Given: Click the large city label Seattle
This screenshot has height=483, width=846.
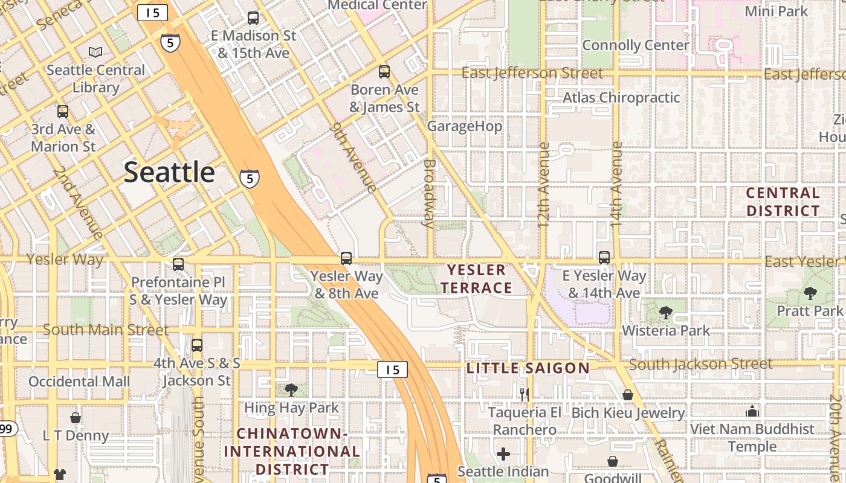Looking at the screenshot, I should click(169, 173).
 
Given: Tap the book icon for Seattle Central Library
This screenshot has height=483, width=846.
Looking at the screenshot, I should click(95, 53).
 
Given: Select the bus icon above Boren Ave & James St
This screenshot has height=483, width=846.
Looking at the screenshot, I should click(384, 72).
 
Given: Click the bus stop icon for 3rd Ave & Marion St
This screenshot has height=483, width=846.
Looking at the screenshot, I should click(63, 112).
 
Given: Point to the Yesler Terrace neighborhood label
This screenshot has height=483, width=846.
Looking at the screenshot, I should click(477, 279).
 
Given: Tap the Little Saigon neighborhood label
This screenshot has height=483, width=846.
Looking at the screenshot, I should click(528, 368).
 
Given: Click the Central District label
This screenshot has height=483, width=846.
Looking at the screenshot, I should click(783, 202).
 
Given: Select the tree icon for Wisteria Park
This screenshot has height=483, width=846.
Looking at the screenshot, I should click(666, 313).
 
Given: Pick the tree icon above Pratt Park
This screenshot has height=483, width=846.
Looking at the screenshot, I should click(810, 293).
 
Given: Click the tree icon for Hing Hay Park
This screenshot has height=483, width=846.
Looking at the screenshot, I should click(291, 390).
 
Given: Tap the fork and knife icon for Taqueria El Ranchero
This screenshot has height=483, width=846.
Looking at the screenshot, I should click(525, 395).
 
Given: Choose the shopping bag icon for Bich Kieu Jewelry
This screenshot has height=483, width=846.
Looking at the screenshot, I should click(628, 395).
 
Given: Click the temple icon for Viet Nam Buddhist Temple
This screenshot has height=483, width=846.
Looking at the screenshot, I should click(752, 411).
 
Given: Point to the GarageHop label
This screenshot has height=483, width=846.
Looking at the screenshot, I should click(464, 126).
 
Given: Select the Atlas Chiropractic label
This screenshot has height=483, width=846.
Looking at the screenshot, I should click(621, 97).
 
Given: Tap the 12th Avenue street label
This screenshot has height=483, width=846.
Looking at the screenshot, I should click(543, 184).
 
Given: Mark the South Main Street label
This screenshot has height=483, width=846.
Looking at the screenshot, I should click(106, 330).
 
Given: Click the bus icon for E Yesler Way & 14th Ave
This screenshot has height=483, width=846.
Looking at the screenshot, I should click(604, 258).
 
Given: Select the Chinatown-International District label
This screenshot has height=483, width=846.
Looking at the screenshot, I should click(292, 451).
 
